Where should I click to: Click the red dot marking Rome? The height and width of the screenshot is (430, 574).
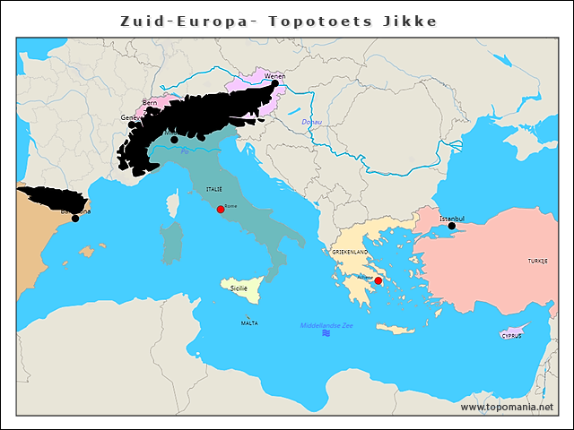(221, 210)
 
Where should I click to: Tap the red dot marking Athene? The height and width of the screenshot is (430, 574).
(378, 281)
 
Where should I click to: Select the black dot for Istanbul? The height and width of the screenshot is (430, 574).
(452, 227)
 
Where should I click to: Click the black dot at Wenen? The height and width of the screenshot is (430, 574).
(275, 83)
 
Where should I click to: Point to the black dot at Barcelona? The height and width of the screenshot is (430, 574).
(75, 219)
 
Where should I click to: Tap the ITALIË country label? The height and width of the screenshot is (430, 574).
(213, 190)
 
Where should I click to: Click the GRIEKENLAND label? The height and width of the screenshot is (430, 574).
(351, 254)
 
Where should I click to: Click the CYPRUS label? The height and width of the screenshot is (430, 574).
(511, 336)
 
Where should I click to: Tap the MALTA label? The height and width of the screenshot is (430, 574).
(249, 322)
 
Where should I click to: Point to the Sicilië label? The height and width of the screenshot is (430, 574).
(239, 288)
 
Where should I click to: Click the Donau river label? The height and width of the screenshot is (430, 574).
(311, 122)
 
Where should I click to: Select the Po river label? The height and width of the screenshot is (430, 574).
(185, 151)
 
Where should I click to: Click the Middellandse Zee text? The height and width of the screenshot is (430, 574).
(326, 325)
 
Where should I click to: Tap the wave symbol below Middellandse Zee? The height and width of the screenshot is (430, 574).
(326, 334)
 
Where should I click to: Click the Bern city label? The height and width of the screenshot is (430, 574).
(150, 103)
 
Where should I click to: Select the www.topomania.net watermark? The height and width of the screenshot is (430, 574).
(507, 407)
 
